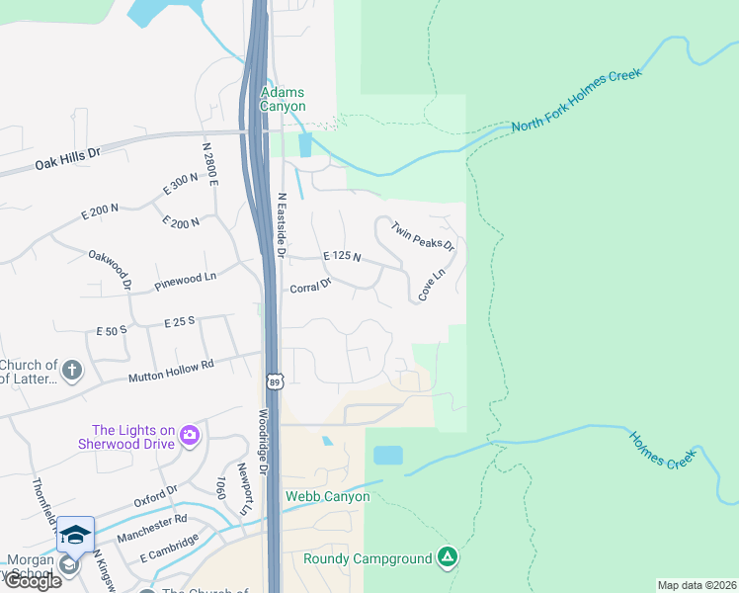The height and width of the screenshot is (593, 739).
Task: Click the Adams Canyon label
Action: click(x=283, y=99)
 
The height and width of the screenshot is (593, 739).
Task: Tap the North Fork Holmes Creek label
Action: click(x=577, y=101)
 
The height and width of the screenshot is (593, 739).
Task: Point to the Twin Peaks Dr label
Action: click(x=422, y=236)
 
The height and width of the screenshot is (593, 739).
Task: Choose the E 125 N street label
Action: click(x=342, y=257)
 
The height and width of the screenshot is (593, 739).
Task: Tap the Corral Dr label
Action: click(x=310, y=287)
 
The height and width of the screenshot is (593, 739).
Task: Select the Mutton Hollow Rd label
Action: click(x=171, y=372)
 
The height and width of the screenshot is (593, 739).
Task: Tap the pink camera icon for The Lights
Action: click(x=190, y=435)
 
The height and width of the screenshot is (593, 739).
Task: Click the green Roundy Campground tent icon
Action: click(x=448, y=557)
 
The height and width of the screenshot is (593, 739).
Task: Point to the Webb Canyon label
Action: click(x=319, y=496)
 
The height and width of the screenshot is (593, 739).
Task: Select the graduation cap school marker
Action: click(x=76, y=535)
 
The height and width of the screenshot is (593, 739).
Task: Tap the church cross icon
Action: click(x=71, y=371)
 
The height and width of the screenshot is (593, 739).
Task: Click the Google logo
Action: click(x=32, y=581)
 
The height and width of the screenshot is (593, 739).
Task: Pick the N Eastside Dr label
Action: click(x=282, y=226)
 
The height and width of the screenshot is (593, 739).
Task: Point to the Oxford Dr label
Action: click(x=156, y=494)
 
